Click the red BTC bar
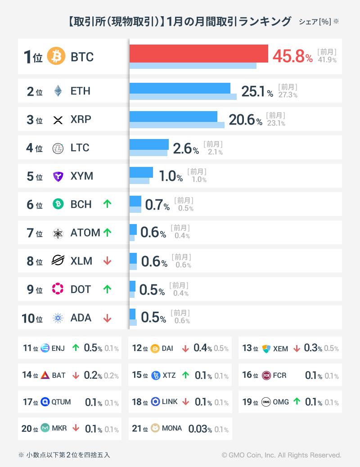tap(198, 54)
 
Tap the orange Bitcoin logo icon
tap(56, 57)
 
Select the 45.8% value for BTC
tap(292, 57)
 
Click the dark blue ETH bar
tap(180, 88)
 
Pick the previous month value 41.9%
tap(327, 60)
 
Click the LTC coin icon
tap(58, 148)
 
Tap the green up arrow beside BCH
tap(107, 204)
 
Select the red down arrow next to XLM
tap(107, 261)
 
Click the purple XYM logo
tap(58, 176)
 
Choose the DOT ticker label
tap(81, 289)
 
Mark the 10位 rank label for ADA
tap(32, 318)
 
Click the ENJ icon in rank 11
tap(45, 348)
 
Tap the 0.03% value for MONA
tap(200, 428)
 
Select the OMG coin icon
tap(266, 402)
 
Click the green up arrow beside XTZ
tap(185, 375)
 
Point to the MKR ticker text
tap(59, 428)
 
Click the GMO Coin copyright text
tap(281, 455)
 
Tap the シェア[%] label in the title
tap(315, 22)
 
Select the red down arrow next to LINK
tap(185, 402)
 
